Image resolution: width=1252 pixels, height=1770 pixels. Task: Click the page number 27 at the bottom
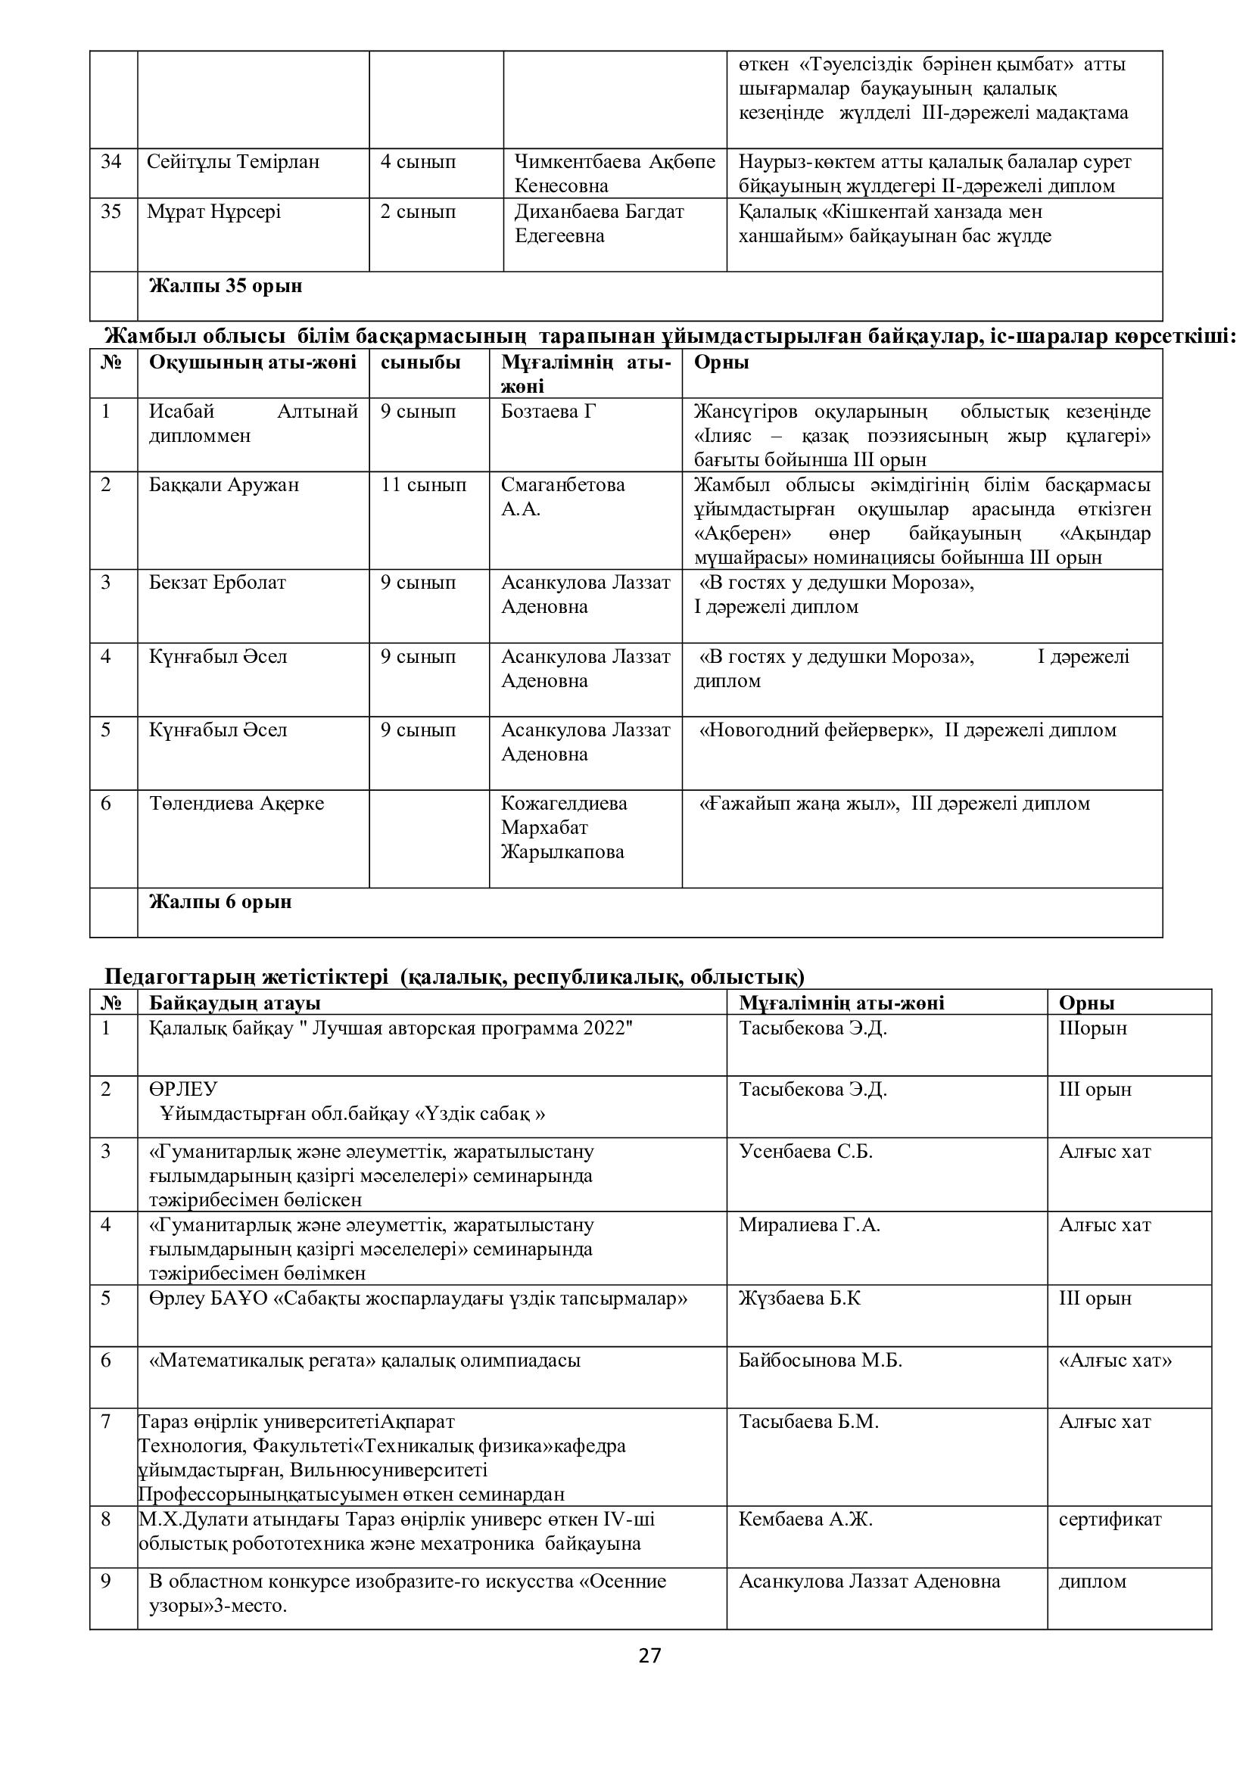point(650,1655)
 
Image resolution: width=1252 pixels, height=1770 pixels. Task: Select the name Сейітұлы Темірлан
point(233,162)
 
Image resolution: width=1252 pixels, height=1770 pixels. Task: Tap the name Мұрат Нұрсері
point(213,212)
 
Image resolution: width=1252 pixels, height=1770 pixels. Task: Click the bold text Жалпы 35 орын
point(225,286)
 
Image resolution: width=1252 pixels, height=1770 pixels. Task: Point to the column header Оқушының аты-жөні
point(252,362)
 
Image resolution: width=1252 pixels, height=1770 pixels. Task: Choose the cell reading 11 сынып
point(423,485)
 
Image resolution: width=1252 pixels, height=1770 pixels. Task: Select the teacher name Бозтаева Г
point(548,412)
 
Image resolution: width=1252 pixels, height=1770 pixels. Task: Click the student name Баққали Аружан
point(223,485)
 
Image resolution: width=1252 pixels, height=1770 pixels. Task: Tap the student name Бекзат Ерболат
point(216,582)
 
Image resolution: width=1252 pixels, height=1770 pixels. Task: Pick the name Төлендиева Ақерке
point(236,804)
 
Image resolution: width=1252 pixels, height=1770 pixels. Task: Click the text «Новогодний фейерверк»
point(815,730)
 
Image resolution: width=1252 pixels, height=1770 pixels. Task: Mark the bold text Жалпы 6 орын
point(220,901)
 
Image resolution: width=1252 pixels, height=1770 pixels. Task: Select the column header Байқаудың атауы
point(235,1002)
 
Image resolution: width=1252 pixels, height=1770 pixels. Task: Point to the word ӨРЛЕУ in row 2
point(183,1089)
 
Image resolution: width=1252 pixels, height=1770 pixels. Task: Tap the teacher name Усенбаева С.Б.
point(805,1151)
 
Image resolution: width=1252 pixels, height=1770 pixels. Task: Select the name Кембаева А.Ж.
point(805,1520)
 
